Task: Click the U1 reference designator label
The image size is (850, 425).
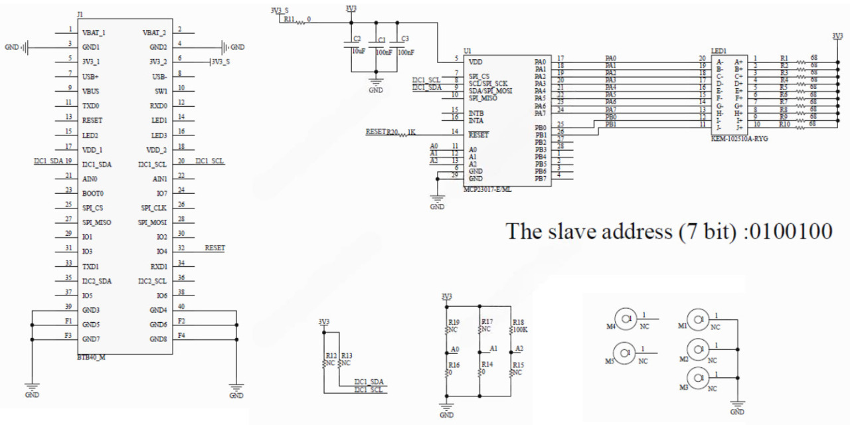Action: [x=467, y=50]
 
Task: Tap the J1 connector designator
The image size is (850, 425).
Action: [x=80, y=14]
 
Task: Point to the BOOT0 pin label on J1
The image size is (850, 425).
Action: [x=93, y=193]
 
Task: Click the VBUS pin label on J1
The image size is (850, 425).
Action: [x=92, y=91]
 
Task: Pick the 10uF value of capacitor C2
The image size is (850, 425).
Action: [x=357, y=52]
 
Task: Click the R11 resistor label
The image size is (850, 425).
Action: [x=290, y=20]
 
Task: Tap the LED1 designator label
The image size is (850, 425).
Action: [x=719, y=50]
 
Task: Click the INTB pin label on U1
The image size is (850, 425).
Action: [x=476, y=114]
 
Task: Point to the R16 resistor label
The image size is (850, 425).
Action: [x=454, y=365]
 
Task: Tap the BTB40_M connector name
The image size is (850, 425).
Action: [x=91, y=357]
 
